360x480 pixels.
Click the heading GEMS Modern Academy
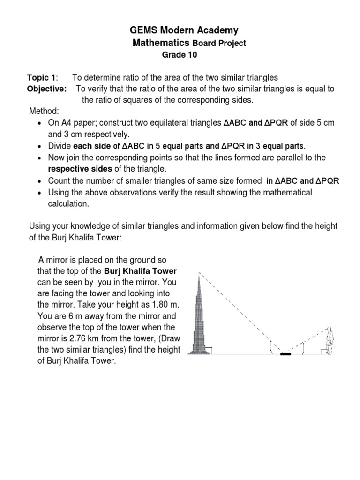184,30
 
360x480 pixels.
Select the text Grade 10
180,55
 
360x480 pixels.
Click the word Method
44,111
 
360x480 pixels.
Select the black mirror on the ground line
285,353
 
